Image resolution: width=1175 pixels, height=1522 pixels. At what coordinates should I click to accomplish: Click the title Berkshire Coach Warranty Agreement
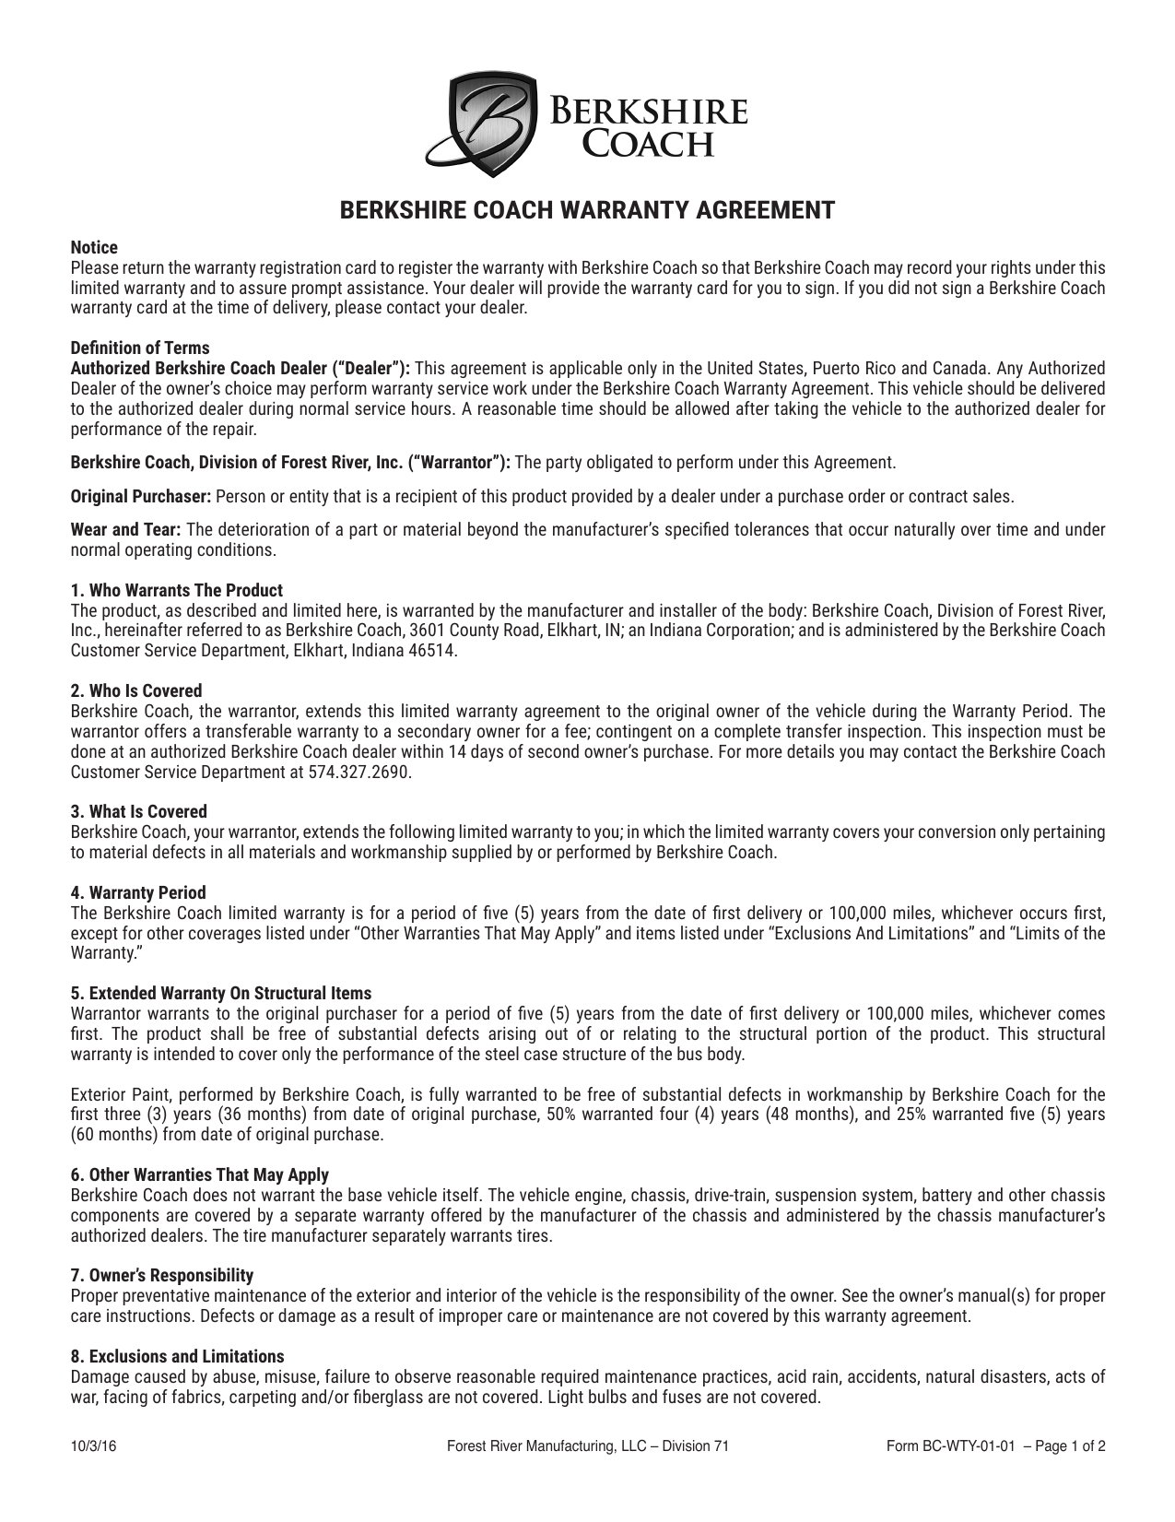[x=587, y=210]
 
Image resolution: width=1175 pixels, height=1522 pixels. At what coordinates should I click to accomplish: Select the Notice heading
[x=94, y=248]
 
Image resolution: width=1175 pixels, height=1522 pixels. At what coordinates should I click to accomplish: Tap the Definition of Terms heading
[x=140, y=348]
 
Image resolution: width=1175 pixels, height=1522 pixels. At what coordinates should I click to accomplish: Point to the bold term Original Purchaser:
[x=141, y=497]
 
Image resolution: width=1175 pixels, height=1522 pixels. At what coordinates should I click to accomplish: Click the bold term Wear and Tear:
[x=126, y=530]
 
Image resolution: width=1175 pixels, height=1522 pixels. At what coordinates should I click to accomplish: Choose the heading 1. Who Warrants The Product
[x=177, y=590]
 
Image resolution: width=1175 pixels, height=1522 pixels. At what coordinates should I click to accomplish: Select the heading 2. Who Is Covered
[x=136, y=690]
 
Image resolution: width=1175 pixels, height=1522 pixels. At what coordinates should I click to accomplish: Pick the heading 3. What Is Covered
[x=139, y=811]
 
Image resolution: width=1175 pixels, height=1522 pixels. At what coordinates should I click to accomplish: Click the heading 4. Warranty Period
[x=138, y=892]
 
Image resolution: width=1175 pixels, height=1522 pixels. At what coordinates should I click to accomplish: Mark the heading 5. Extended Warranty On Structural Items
[x=221, y=993]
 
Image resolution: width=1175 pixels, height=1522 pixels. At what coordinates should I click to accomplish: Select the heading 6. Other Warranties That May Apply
[x=200, y=1174]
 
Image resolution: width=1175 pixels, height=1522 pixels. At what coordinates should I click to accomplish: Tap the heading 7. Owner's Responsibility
[x=162, y=1275]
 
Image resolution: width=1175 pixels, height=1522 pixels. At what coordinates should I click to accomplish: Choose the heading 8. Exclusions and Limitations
[x=178, y=1356]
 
